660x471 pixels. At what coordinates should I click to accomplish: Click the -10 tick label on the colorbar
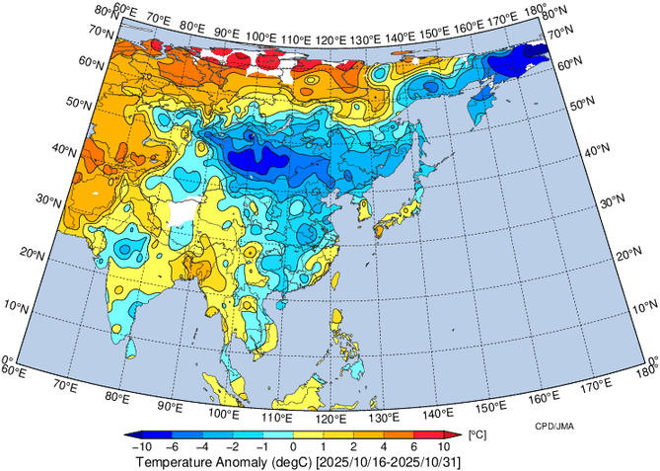pos(140,446)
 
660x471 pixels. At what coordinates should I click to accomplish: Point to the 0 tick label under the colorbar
pos(293,446)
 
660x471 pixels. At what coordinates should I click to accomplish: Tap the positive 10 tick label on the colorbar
pos(443,446)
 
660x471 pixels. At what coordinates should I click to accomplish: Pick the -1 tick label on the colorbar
pos(264,446)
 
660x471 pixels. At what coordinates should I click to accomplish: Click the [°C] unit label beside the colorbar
pos(476,434)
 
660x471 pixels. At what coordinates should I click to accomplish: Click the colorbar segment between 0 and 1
pos(308,434)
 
